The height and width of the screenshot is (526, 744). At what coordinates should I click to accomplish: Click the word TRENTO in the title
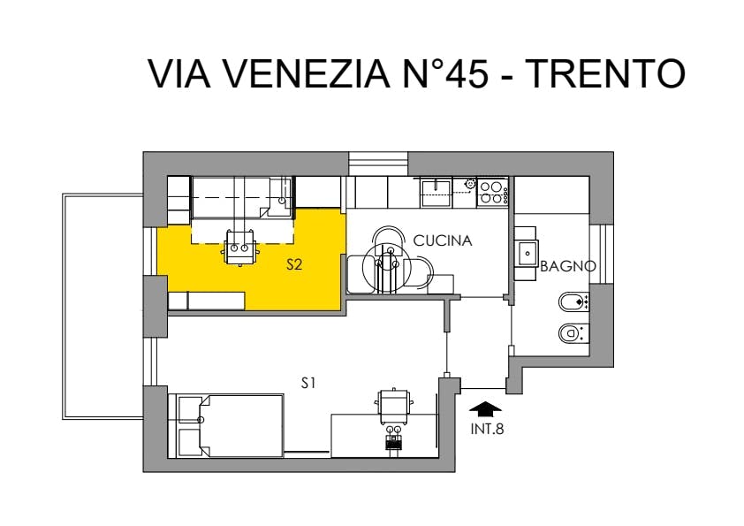pyautogui.click(x=607, y=73)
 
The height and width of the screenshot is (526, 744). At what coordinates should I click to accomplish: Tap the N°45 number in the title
pyautogui.click(x=445, y=73)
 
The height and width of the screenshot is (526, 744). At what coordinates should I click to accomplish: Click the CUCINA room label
pyautogui.click(x=443, y=240)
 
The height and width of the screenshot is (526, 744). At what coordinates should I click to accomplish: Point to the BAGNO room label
pyautogui.click(x=568, y=266)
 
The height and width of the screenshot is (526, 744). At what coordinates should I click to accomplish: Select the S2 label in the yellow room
pyautogui.click(x=294, y=265)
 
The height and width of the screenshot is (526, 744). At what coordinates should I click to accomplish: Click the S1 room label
pyautogui.click(x=308, y=383)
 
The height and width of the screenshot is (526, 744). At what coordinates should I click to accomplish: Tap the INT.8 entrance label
pyautogui.click(x=487, y=429)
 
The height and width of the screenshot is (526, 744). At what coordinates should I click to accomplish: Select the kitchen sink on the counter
pyautogui.click(x=436, y=192)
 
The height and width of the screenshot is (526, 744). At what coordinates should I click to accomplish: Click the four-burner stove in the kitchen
pyautogui.click(x=492, y=192)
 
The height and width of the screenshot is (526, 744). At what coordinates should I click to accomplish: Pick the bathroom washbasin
pyautogui.click(x=527, y=254)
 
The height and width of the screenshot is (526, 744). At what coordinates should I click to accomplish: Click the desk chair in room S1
pyautogui.click(x=393, y=407)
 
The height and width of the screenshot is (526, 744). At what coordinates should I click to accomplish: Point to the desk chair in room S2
pyautogui.click(x=239, y=247)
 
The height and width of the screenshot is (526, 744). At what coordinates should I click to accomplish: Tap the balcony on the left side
pyautogui.click(x=103, y=306)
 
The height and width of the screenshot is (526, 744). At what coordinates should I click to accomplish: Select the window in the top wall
pyautogui.click(x=378, y=164)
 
